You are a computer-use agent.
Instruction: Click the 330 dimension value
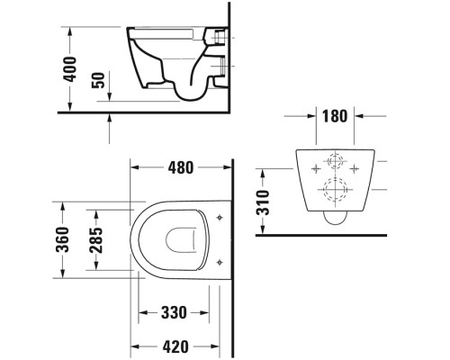pyautogui.click(x=173, y=313)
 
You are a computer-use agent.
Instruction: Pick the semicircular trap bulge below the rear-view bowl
pyautogui.click(x=336, y=218)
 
